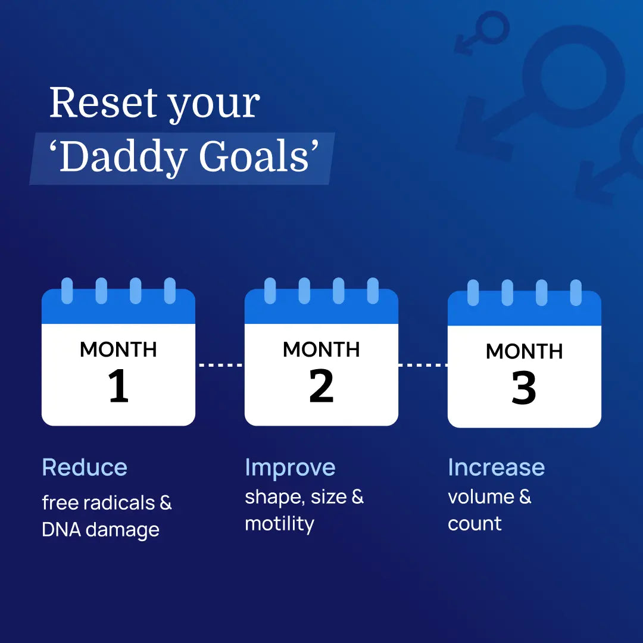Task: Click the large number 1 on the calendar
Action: click(x=118, y=387)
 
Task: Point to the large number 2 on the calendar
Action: click(x=321, y=387)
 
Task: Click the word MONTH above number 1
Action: click(x=118, y=349)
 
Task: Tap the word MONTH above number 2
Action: click(x=321, y=349)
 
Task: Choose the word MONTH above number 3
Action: click(x=524, y=351)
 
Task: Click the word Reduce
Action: click(x=85, y=467)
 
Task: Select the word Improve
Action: click(x=290, y=468)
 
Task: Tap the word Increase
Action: click(x=496, y=467)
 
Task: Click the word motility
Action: click(x=279, y=524)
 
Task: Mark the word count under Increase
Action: click(x=475, y=524)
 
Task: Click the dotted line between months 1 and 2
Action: click(x=220, y=365)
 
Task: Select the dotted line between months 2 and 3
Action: click(x=423, y=365)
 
